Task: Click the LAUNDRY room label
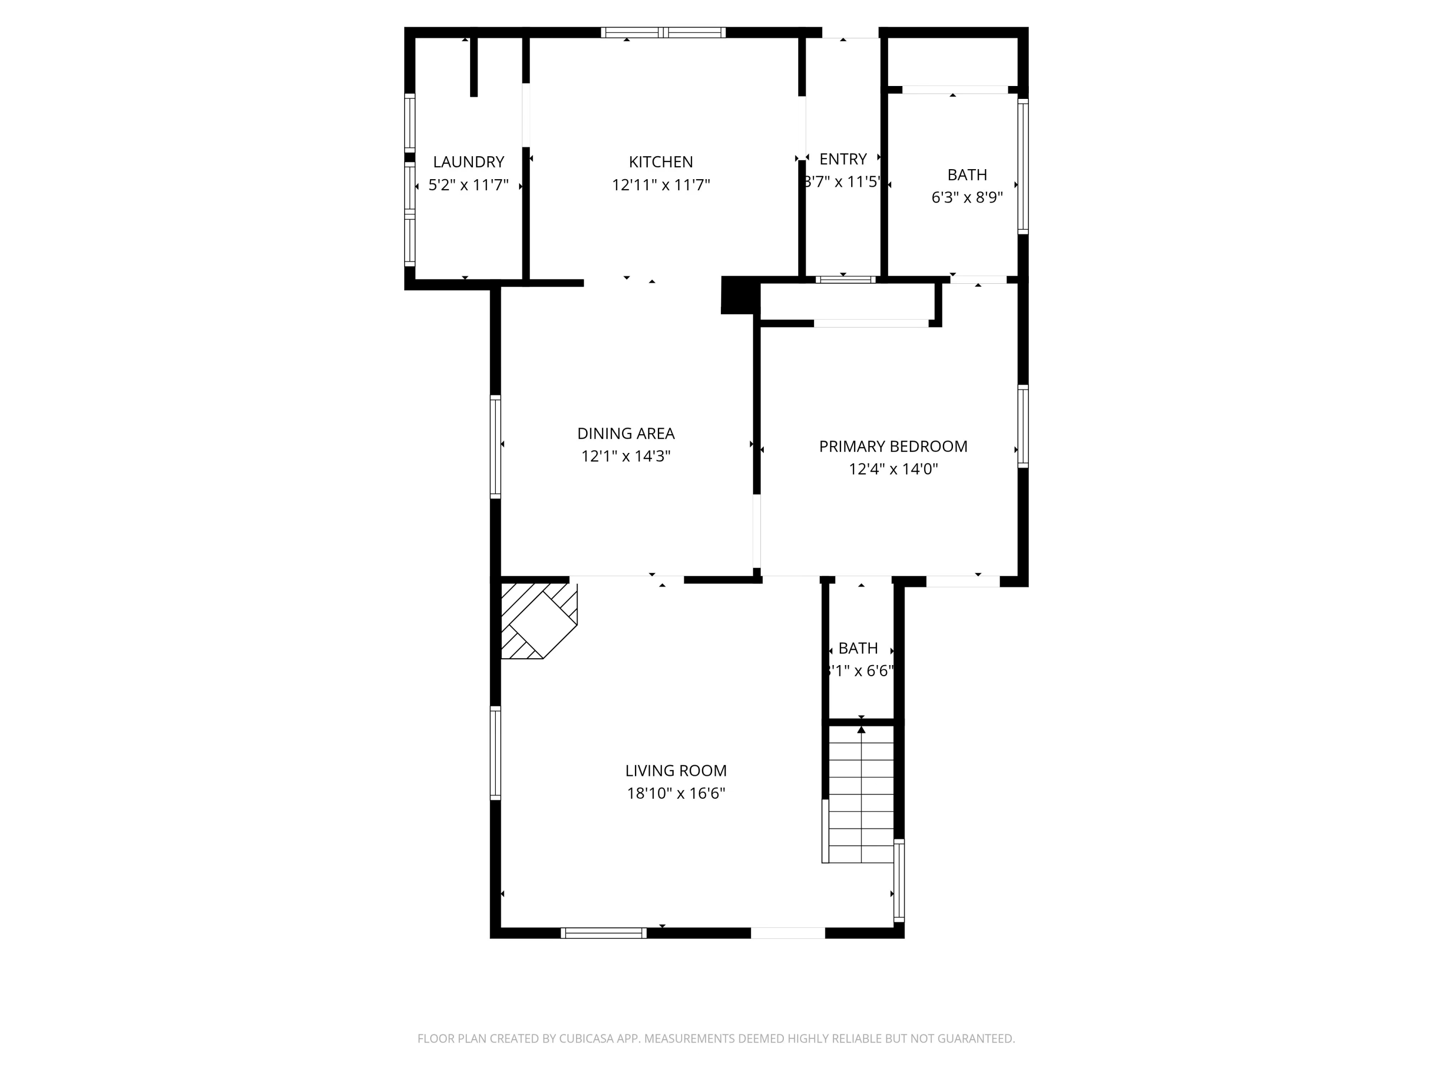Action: pos(469,162)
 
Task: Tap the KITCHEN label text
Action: pos(661,162)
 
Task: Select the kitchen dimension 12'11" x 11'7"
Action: pos(661,185)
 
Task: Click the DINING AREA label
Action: pos(626,433)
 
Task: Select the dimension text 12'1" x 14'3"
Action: pos(626,456)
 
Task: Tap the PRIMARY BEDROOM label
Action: pos(893,446)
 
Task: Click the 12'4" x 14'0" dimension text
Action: pos(893,469)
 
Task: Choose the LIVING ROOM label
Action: pos(676,771)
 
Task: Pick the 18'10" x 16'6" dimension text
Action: pos(676,793)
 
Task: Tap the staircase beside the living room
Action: pos(861,794)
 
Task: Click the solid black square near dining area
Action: pos(739,295)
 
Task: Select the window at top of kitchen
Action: pos(663,32)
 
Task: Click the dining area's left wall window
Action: pos(496,446)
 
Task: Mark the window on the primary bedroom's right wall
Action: pos(1023,426)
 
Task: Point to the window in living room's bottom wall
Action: pos(603,933)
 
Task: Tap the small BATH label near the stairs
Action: pos(858,648)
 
